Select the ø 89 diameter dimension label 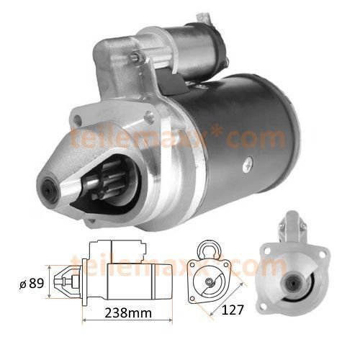(32, 284)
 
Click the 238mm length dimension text (128, 313)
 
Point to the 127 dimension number (232, 310)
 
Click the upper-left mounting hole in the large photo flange (77, 118)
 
